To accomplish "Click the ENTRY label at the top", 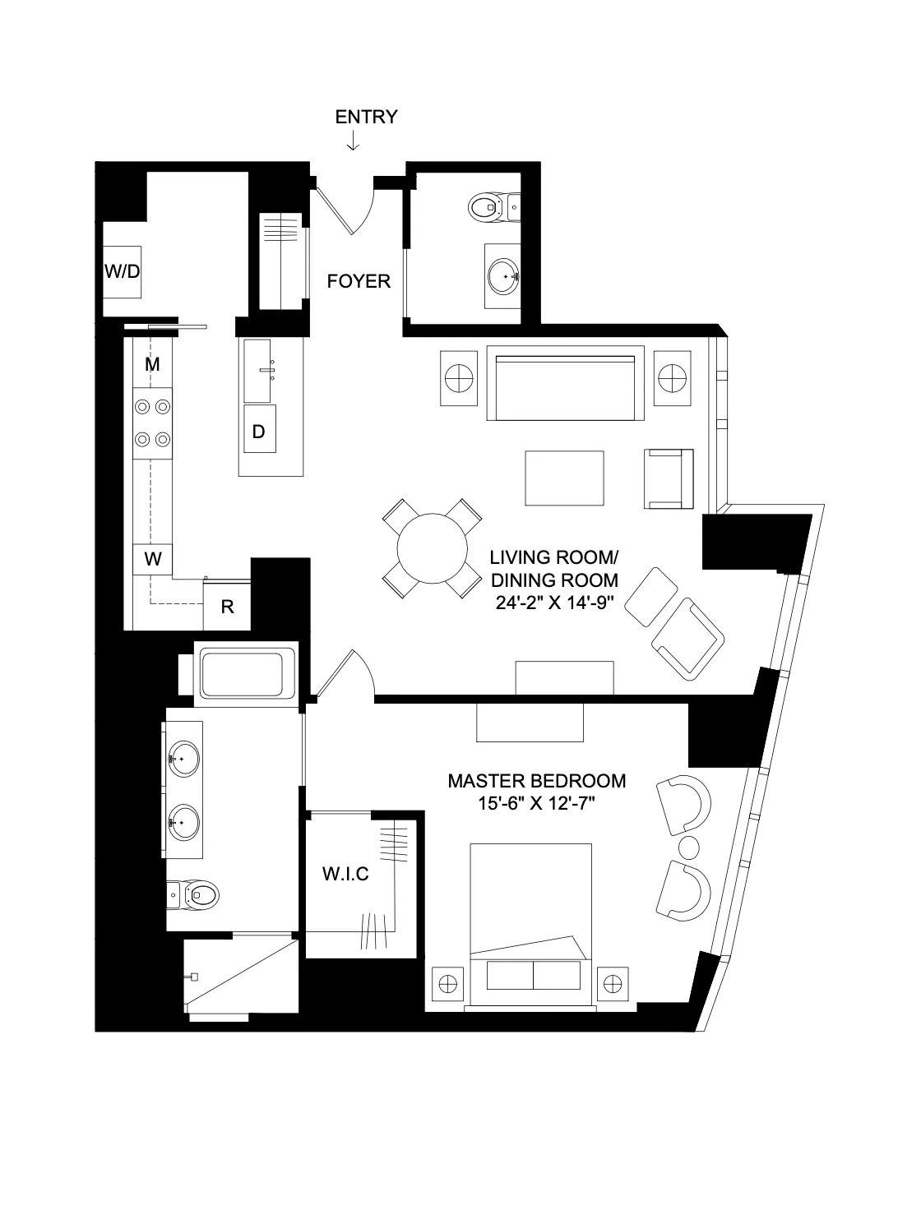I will [366, 117].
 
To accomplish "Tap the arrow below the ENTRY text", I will [353, 142].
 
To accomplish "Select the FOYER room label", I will [359, 281].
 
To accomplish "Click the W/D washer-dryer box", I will [122, 272].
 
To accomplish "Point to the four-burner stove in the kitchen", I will [154, 422].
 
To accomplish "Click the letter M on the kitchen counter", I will [152, 364].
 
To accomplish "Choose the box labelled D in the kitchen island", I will [258, 432].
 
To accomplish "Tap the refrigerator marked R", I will [228, 607].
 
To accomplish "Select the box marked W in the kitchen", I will [153, 560].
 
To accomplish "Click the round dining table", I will [432, 548].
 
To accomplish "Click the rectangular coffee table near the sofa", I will [564, 478].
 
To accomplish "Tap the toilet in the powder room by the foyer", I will [491, 206].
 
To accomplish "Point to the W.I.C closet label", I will [345, 873].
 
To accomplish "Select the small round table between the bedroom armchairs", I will [687, 847].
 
